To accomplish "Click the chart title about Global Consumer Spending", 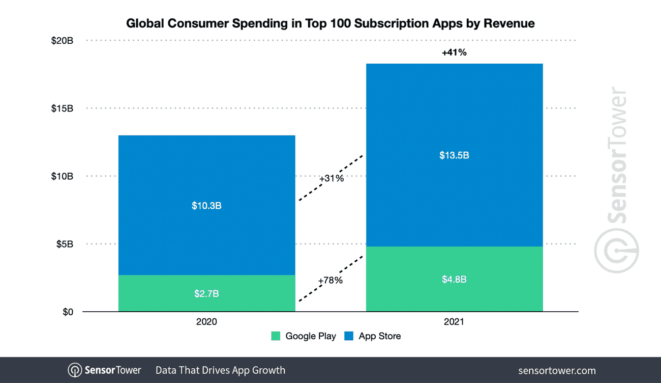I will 330,23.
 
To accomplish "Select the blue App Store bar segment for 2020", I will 206,173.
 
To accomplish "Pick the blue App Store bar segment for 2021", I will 454,117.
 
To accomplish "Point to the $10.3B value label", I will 206,206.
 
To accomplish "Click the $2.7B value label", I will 206,294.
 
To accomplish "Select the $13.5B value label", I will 454,155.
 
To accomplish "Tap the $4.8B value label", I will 454,280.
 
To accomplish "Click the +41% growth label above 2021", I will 454,52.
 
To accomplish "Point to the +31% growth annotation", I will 331,179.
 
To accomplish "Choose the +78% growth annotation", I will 330,280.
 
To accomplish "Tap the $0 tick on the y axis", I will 68,312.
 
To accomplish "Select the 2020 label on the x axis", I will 206,322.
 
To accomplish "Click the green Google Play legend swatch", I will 276,336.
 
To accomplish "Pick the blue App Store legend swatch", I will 349,336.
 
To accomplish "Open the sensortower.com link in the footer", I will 557,370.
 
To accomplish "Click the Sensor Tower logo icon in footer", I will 75,370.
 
